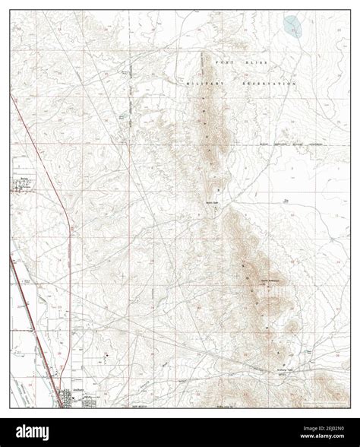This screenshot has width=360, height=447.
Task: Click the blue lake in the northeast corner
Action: click(x=292, y=27)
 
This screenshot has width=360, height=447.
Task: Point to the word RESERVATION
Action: click(x=267, y=85)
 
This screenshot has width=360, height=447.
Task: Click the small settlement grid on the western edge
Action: click(x=18, y=185)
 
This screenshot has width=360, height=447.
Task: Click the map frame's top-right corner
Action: click(x=349, y=11)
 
